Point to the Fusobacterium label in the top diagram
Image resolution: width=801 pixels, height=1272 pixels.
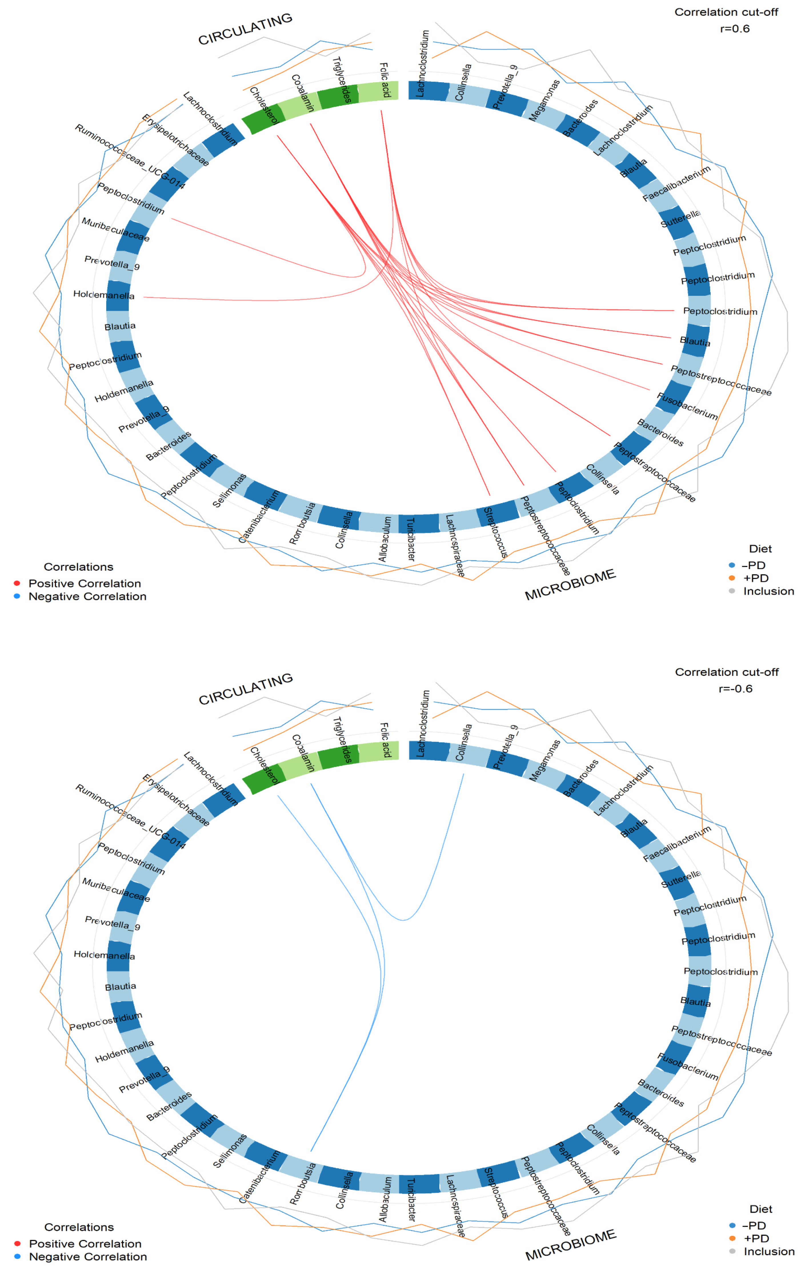pyautogui.click(x=686, y=406)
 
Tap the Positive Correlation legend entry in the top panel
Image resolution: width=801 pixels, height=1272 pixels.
pyautogui.click(x=85, y=583)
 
